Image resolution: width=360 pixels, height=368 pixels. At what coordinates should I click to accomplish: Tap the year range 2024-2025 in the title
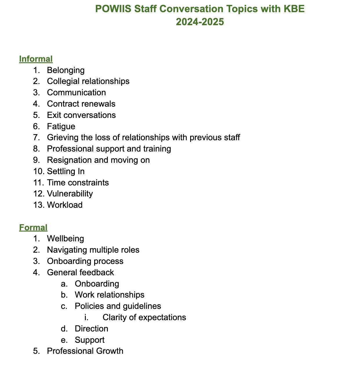tap(200, 22)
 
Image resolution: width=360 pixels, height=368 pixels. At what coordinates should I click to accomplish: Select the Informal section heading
tap(36, 59)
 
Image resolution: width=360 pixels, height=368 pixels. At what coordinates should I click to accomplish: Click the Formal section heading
tap(33, 227)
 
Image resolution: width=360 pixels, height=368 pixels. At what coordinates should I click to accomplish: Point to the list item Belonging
tap(66, 70)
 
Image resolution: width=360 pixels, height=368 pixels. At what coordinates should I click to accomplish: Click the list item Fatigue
tap(61, 126)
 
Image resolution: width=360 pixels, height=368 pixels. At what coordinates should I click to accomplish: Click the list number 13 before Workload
tap(39, 205)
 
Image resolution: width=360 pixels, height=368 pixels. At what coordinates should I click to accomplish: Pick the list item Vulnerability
tap(70, 194)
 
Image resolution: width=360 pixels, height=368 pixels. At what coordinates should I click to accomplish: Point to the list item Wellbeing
tap(66, 238)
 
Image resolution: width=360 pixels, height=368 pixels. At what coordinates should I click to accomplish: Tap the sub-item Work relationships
tap(110, 295)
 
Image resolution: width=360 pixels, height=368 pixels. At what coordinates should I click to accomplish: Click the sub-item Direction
tap(91, 329)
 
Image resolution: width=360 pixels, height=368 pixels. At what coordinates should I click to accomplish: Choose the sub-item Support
tap(90, 340)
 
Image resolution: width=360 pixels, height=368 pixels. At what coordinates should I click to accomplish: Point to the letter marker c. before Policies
tap(64, 306)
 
